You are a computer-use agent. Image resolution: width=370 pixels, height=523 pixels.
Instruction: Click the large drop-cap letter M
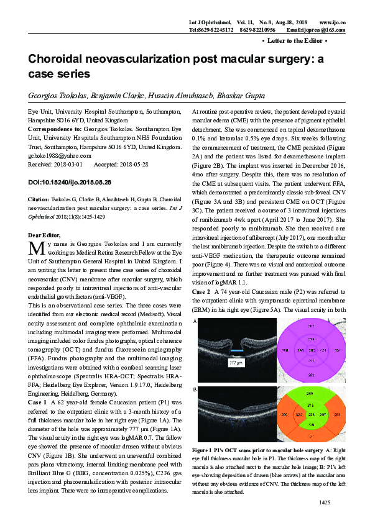coord(35,230)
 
